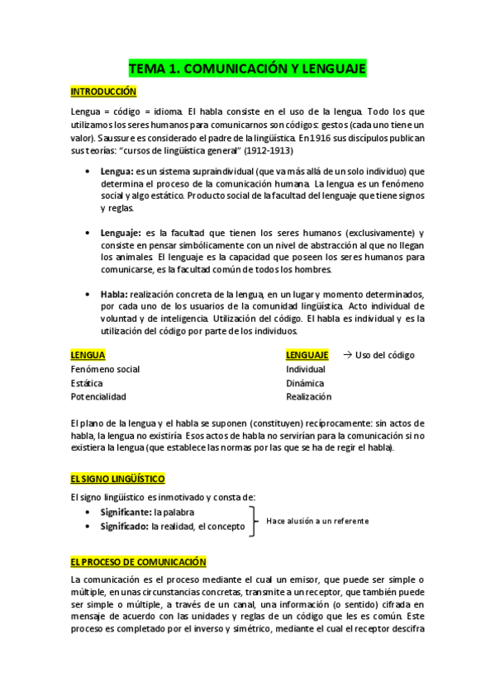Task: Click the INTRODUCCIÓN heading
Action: click(102, 91)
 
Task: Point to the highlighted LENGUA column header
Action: click(88, 355)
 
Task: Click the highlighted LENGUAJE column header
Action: click(307, 355)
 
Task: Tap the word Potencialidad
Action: click(98, 397)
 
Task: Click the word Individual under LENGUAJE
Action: click(305, 369)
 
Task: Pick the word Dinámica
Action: click(305, 383)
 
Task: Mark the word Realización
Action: click(308, 397)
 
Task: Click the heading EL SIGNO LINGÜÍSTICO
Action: click(117, 479)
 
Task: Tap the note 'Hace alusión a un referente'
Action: click(317, 521)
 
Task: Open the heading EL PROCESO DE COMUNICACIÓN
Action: click(138, 562)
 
